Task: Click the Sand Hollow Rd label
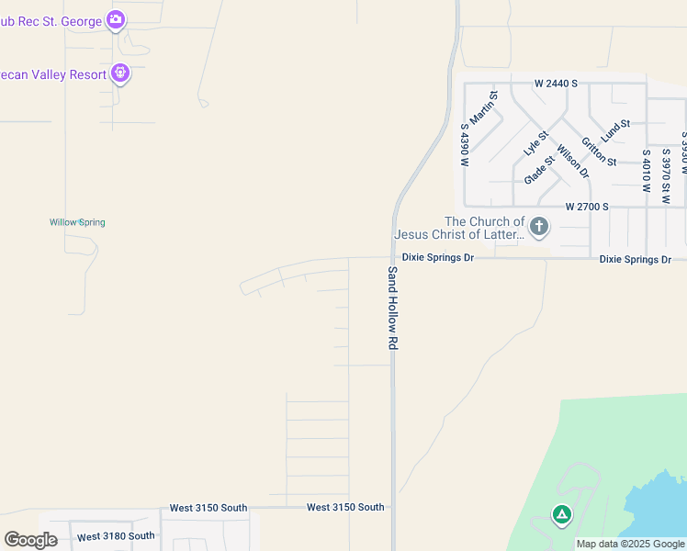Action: [x=392, y=308]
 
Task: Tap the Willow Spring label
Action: [x=77, y=222]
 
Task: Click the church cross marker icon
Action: [x=539, y=226]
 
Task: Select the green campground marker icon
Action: [x=561, y=514]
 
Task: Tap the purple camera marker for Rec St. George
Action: [x=115, y=19]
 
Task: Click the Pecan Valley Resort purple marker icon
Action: [x=120, y=73]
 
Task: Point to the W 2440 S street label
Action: [x=557, y=84]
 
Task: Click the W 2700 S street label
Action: [x=587, y=207]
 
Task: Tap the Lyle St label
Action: [x=535, y=142]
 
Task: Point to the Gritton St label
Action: [x=599, y=150]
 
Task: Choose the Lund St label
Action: [x=615, y=129]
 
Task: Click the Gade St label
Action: [x=539, y=170]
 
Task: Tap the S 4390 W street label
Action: [x=466, y=145]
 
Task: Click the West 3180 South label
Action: [x=117, y=536]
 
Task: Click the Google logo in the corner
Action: [x=30, y=540]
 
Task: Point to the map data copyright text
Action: [x=631, y=545]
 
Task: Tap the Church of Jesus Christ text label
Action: [x=484, y=228]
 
